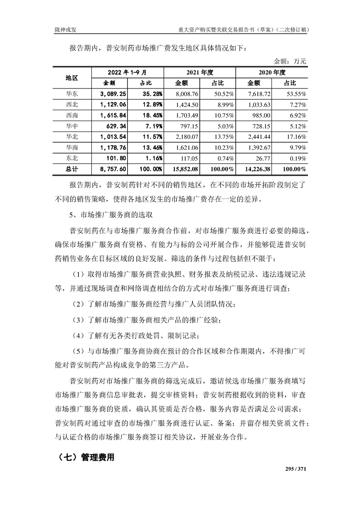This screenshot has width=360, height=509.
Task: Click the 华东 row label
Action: point(72,94)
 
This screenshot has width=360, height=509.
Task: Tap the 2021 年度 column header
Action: point(199,72)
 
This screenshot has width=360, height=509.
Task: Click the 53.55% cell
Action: point(295,94)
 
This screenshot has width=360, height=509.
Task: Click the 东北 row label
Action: point(72,158)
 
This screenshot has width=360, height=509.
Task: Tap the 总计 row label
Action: point(72,169)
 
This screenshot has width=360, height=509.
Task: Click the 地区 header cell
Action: point(72,78)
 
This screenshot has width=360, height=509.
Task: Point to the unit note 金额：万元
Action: point(290,61)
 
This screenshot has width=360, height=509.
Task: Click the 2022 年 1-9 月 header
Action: point(127,72)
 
